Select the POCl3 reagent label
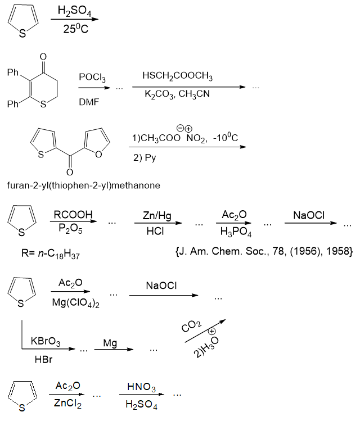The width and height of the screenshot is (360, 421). coord(92,76)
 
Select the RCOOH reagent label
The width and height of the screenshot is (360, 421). coord(73,215)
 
